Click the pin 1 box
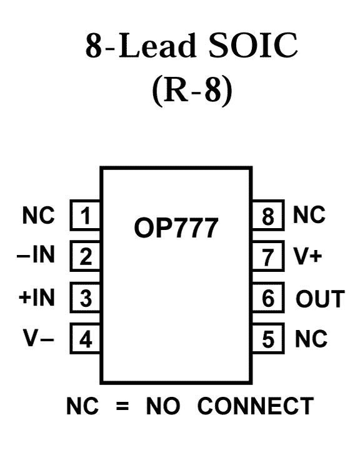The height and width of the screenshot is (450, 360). (85, 215)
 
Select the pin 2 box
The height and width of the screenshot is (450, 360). (85, 256)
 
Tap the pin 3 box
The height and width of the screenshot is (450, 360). (85, 297)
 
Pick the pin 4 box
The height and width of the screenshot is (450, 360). (85, 338)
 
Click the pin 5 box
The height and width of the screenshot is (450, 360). (268, 338)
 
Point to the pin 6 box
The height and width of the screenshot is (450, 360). (268, 297)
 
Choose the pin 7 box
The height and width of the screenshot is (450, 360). (268, 256)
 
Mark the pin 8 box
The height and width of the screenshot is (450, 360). (268, 215)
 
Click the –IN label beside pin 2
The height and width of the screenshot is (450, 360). (36, 254)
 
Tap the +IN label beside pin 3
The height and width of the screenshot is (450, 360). (36, 297)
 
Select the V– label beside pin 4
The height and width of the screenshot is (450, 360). (39, 338)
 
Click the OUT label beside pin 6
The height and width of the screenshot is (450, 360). (320, 299)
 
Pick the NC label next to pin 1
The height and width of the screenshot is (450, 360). (39, 215)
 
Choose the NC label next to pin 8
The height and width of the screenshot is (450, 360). (309, 214)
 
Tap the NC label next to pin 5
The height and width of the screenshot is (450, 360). (311, 339)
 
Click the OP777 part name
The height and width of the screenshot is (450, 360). (176, 228)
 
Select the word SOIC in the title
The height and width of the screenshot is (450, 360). (253, 46)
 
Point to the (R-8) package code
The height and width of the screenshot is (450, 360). (192, 91)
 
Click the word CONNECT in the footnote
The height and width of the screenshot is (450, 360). (256, 406)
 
